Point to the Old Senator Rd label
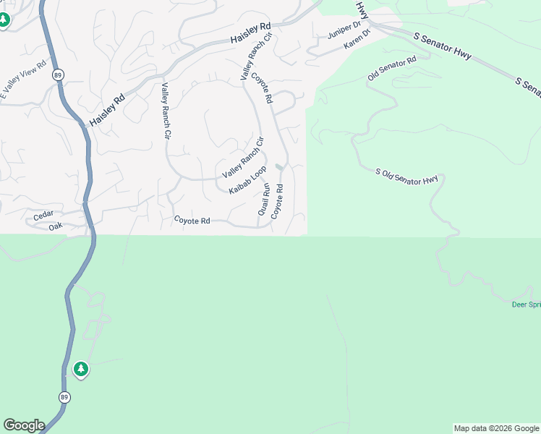pos(391,67)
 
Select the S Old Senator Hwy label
pos(407,176)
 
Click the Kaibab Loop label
pos(247,180)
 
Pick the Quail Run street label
pos(264,200)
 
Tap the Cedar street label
pos(43,217)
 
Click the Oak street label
pos(56,226)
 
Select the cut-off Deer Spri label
pos(526,305)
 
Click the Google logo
pos(24,425)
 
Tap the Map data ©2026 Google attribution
pos(496,428)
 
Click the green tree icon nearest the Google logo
pos(81,370)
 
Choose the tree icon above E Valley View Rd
pos(4,20)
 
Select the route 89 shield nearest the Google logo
pos(64,397)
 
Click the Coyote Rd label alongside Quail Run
pos(277,201)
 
